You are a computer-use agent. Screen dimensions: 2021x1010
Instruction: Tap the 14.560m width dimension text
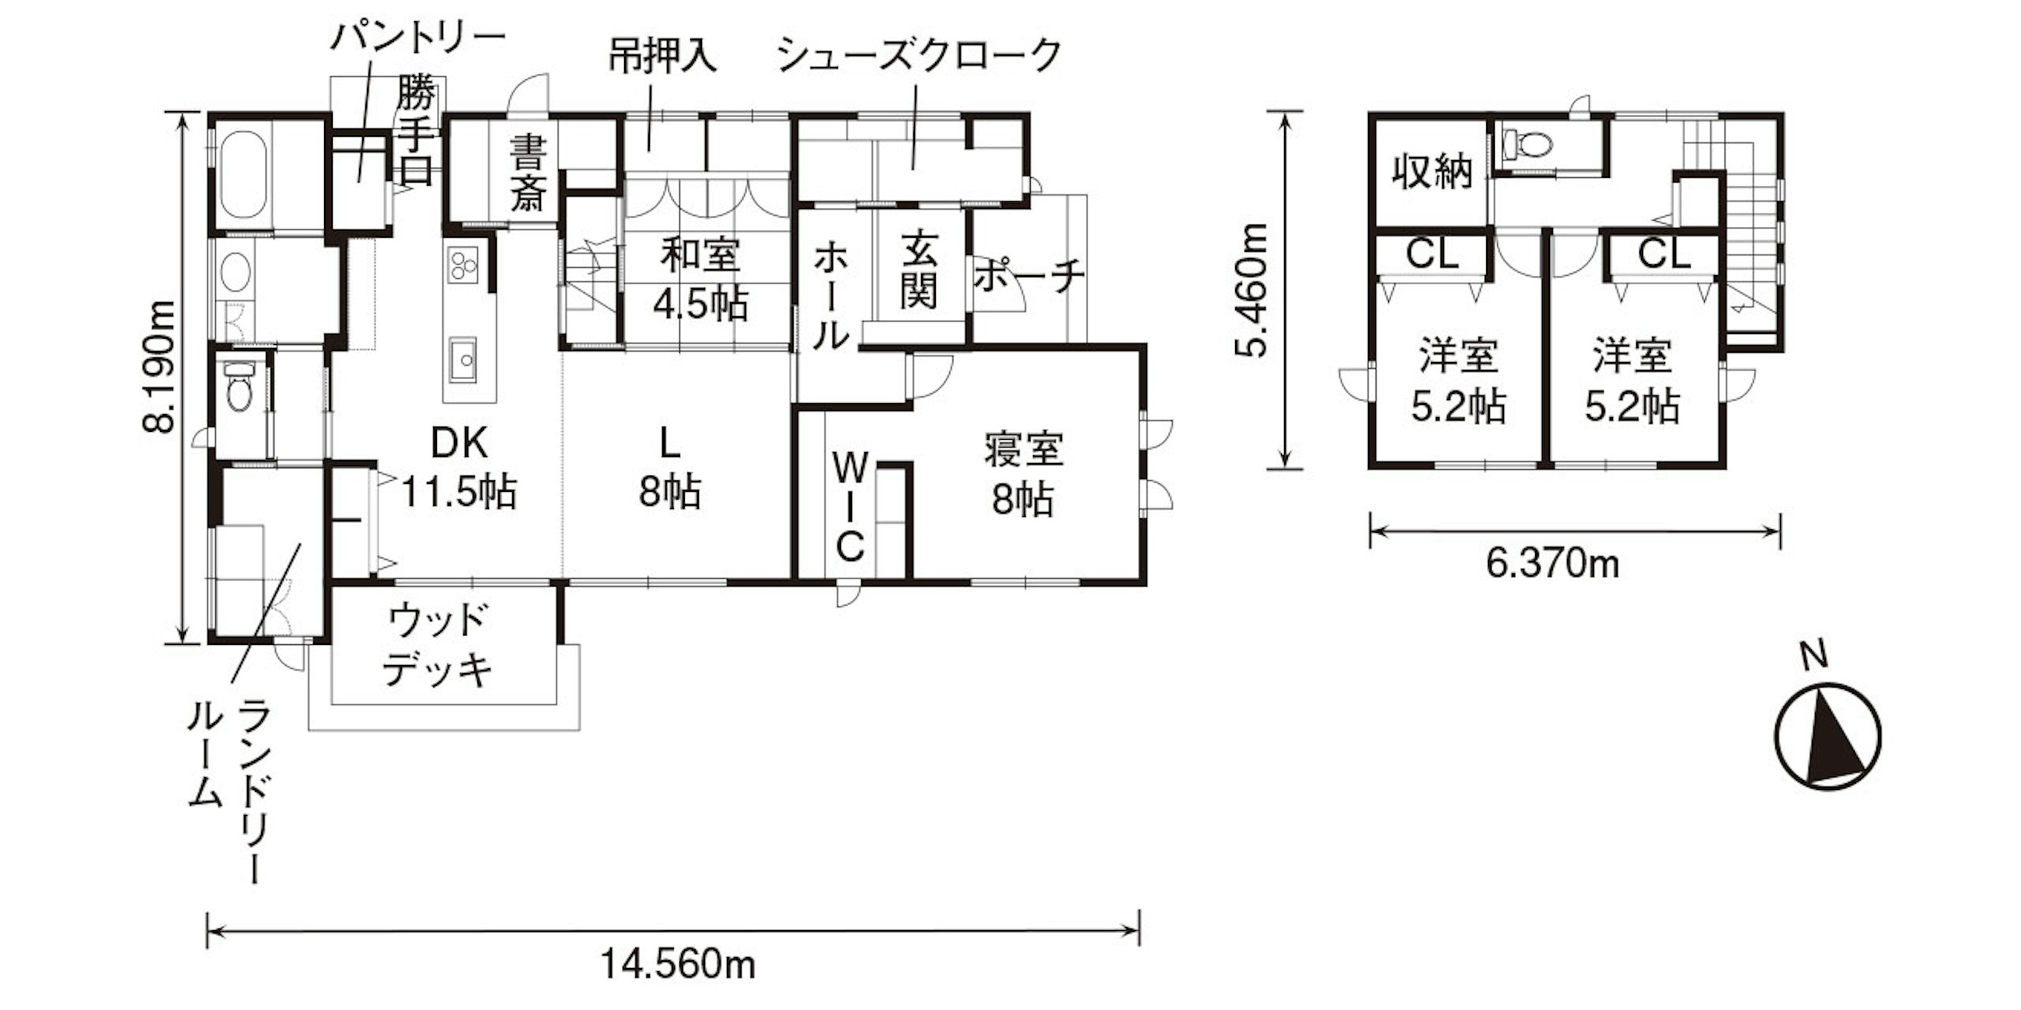click(x=677, y=964)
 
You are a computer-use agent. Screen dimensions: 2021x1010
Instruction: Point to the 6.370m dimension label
click(x=1552, y=563)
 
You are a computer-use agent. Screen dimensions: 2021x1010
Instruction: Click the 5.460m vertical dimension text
click(x=1251, y=291)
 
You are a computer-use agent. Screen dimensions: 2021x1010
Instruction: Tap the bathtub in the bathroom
click(x=242, y=176)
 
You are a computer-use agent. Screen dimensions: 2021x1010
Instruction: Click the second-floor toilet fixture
click(x=1527, y=144)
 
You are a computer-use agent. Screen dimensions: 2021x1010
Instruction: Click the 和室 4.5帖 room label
click(x=700, y=279)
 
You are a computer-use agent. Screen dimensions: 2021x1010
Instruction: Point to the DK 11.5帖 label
click(x=459, y=468)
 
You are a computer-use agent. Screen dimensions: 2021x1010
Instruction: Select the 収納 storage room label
click(x=1433, y=171)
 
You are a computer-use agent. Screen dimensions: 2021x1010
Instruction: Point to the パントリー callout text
click(x=417, y=37)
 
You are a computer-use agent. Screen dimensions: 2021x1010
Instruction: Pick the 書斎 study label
click(x=527, y=172)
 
